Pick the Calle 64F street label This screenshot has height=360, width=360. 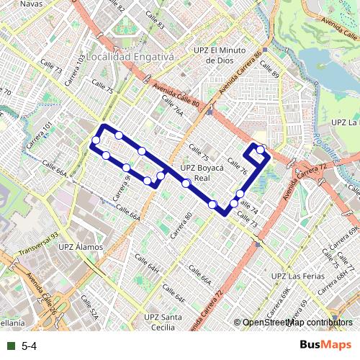[x=174, y=292]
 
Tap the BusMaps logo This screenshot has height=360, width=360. [x=325, y=346]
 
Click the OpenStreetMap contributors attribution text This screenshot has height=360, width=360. [x=297, y=323]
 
